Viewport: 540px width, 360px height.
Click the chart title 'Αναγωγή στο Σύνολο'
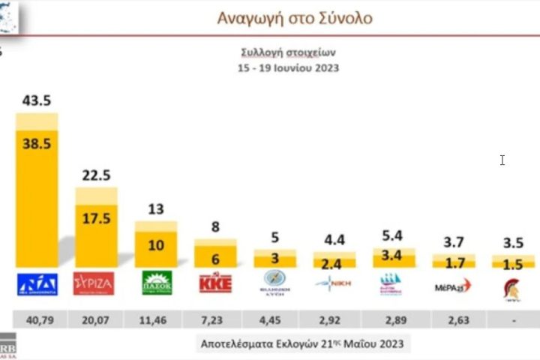pyautogui.click(x=294, y=18)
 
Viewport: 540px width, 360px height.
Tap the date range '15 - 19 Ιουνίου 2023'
pyautogui.click(x=288, y=67)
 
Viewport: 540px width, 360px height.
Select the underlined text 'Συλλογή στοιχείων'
pyautogui.click(x=288, y=52)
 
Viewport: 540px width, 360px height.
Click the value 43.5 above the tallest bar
pyautogui.click(x=37, y=100)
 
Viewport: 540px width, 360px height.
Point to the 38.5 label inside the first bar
pyautogui.click(x=37, y=144)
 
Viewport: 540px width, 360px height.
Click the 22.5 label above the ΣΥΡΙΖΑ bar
pyautogui.click(x=96, y=175)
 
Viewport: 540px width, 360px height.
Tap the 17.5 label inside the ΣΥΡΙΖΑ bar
pyautogui.click(x=96, y=219)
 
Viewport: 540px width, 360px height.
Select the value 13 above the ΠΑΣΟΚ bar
pyautogui.click(x=156, y=209)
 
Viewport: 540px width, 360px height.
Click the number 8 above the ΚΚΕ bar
pyautogui.click(x=216, y=227)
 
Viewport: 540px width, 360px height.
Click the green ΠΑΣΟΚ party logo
pyautogui.click(x=157, y=283)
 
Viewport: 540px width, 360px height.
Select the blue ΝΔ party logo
pyautogui.click(x=37, y=283)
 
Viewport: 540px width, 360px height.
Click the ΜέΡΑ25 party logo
pyautogui.click(x=453, y=284)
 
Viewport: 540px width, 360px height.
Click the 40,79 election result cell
pyautogui.click(x=37, y=318)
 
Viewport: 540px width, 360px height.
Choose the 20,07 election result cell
pyautogui.click(x=96, y=318)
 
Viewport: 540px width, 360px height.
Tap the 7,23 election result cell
pyautogui.click(x=216, y=318)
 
